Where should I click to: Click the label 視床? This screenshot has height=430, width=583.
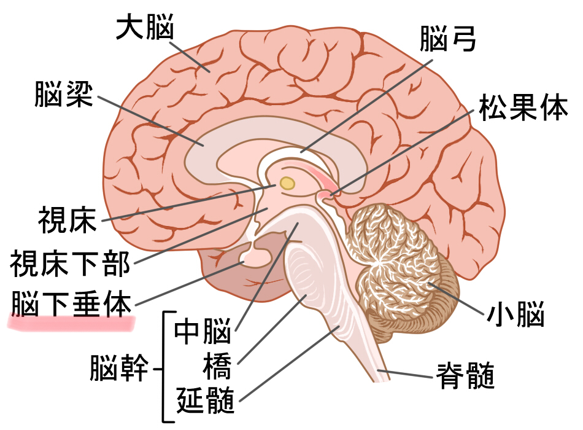68,220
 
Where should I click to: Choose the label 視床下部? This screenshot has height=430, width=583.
70,263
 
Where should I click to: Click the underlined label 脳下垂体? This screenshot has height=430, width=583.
71,304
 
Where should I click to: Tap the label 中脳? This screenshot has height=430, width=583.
203,330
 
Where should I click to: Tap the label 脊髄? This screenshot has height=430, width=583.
465,375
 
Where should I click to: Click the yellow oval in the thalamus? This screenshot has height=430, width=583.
287,182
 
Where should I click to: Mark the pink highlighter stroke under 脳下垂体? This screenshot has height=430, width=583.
71,322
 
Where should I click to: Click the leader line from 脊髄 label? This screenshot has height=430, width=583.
405,373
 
